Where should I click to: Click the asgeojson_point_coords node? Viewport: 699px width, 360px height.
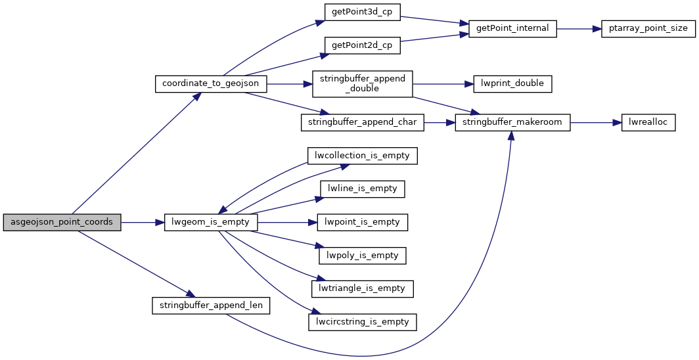(x=62, y=222)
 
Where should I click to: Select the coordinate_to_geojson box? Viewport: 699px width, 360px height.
(x=211, y=83)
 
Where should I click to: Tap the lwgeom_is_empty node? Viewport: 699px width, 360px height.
(x=211, y=222)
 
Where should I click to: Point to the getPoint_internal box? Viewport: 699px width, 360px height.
(x=512, y=28)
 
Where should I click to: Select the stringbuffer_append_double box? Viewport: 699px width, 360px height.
(x=362, y=83)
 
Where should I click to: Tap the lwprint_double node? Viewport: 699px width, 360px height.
(x=512, y=83)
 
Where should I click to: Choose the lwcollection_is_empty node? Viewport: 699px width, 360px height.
(x=363, y=156)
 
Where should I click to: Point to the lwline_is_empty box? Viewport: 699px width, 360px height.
(x=363, y=189)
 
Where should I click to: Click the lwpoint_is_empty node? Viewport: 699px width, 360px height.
(x=363, y=222)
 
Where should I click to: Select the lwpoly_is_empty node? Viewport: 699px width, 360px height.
(x=363, y=255)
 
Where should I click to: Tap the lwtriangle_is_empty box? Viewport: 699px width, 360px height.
(x=363, y=288)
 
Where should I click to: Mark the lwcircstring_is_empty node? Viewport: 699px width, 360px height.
(x=363, y=322)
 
